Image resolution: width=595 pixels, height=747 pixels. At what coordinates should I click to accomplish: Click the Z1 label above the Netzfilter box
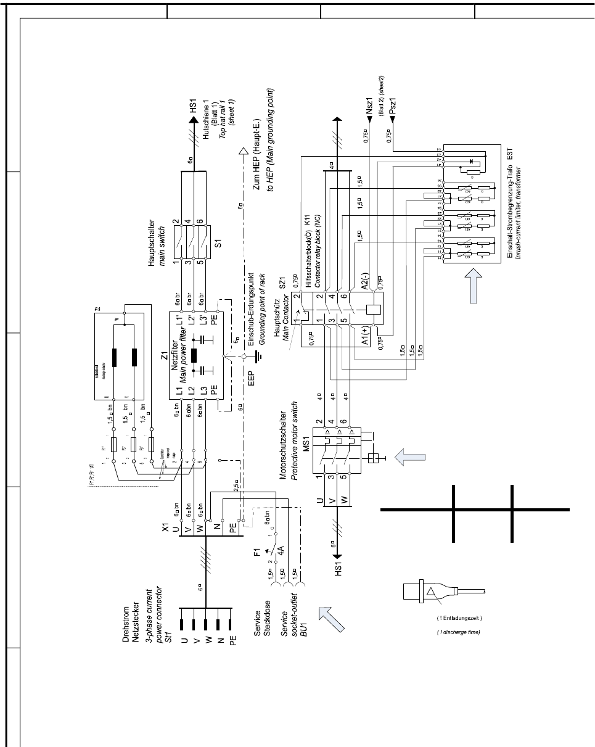[x=165, y=356]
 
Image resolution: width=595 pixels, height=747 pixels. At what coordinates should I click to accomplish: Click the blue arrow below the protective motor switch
[x=410, y=458]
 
